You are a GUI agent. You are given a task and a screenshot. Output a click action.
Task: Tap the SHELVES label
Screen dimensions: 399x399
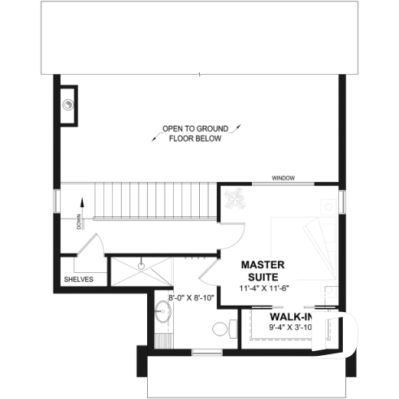(79, 280)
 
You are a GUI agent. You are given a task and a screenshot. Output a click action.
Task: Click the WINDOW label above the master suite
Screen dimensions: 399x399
(283, 178)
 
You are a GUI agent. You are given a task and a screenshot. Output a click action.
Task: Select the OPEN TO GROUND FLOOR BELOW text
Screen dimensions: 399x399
(195, 134)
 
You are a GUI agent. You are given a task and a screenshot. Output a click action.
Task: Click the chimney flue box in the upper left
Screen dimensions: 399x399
(69, 104)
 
